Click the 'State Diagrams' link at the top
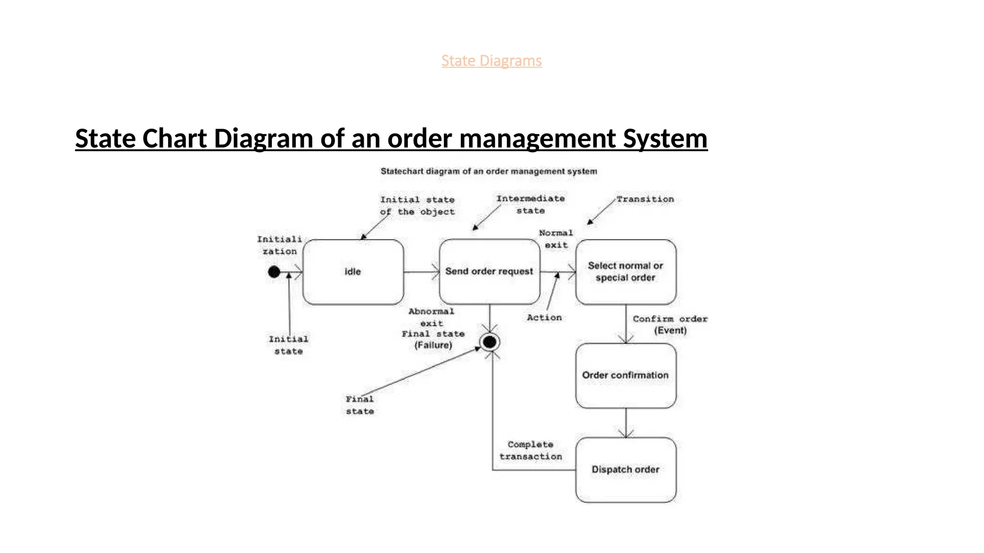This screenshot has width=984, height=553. [x=492, y=61]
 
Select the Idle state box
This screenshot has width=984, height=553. [x=353, y=272]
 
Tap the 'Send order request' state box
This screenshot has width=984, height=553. [x=489, y=272]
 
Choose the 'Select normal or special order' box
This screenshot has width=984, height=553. [x=626, y=272]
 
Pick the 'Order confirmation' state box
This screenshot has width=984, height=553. [x=626, y=375]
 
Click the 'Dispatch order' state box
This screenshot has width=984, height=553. [x=626, y=469]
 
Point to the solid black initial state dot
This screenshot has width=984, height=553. [x=274, y=272]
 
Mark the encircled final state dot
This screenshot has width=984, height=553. [x=490, y=342]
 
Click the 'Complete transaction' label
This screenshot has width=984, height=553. [x=530, y=450]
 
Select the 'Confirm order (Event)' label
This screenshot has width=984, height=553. [x=670, y=325]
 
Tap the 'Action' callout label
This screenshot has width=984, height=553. [x=544, y=318]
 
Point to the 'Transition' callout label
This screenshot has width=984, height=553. [x=645, y=199]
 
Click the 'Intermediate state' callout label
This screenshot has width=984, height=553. [x=530, y=204]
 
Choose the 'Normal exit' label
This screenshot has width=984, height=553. [x=556, y=239]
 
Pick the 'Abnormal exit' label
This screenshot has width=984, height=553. [x=431, y=317]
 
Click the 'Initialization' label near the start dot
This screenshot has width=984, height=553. [x=279, y=245]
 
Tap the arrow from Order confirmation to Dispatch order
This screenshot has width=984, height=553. [x=626, y=423]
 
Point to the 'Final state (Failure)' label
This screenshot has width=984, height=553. [x=433, y=339]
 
